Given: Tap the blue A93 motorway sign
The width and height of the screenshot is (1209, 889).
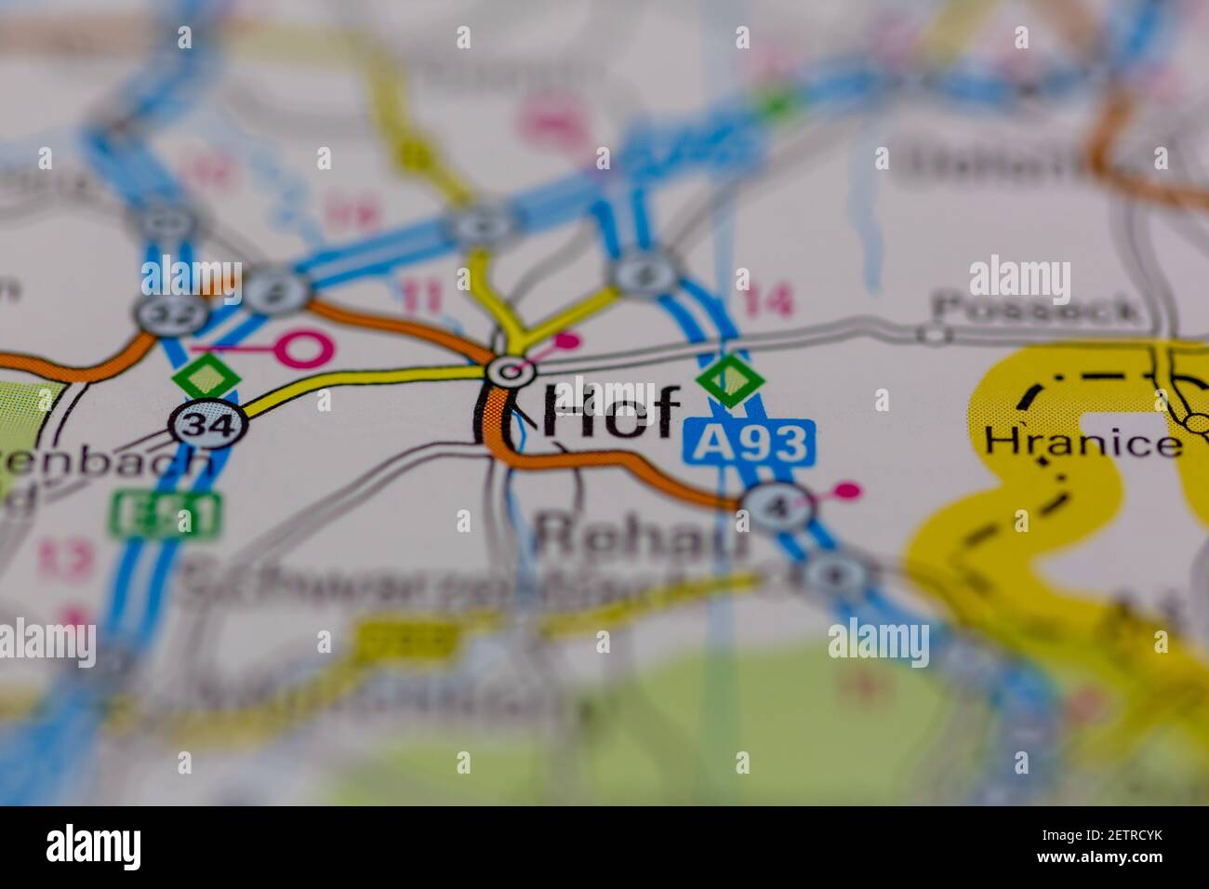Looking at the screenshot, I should (x=750, y=443).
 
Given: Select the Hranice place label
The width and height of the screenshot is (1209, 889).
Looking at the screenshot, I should (x=1083, y=441).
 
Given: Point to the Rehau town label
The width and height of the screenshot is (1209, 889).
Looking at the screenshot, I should (x=642, y=537).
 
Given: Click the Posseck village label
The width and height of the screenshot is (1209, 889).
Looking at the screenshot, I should (x=1037, y=308).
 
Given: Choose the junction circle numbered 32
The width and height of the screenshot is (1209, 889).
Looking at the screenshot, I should (x=159, y=313).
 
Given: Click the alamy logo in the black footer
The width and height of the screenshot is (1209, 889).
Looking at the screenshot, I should (x=94, y=847).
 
